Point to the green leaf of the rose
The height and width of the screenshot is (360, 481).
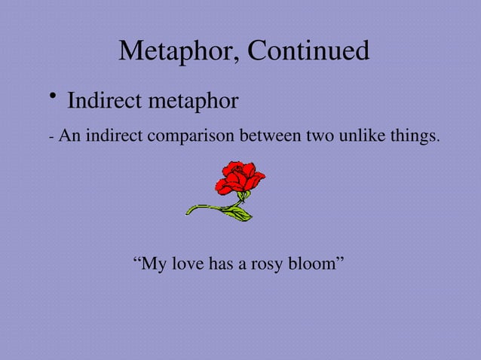(x=236, y=214)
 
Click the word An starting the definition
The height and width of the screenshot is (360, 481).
(x=69, y=138)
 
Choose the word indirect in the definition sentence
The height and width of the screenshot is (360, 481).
(x=115, y=138)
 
